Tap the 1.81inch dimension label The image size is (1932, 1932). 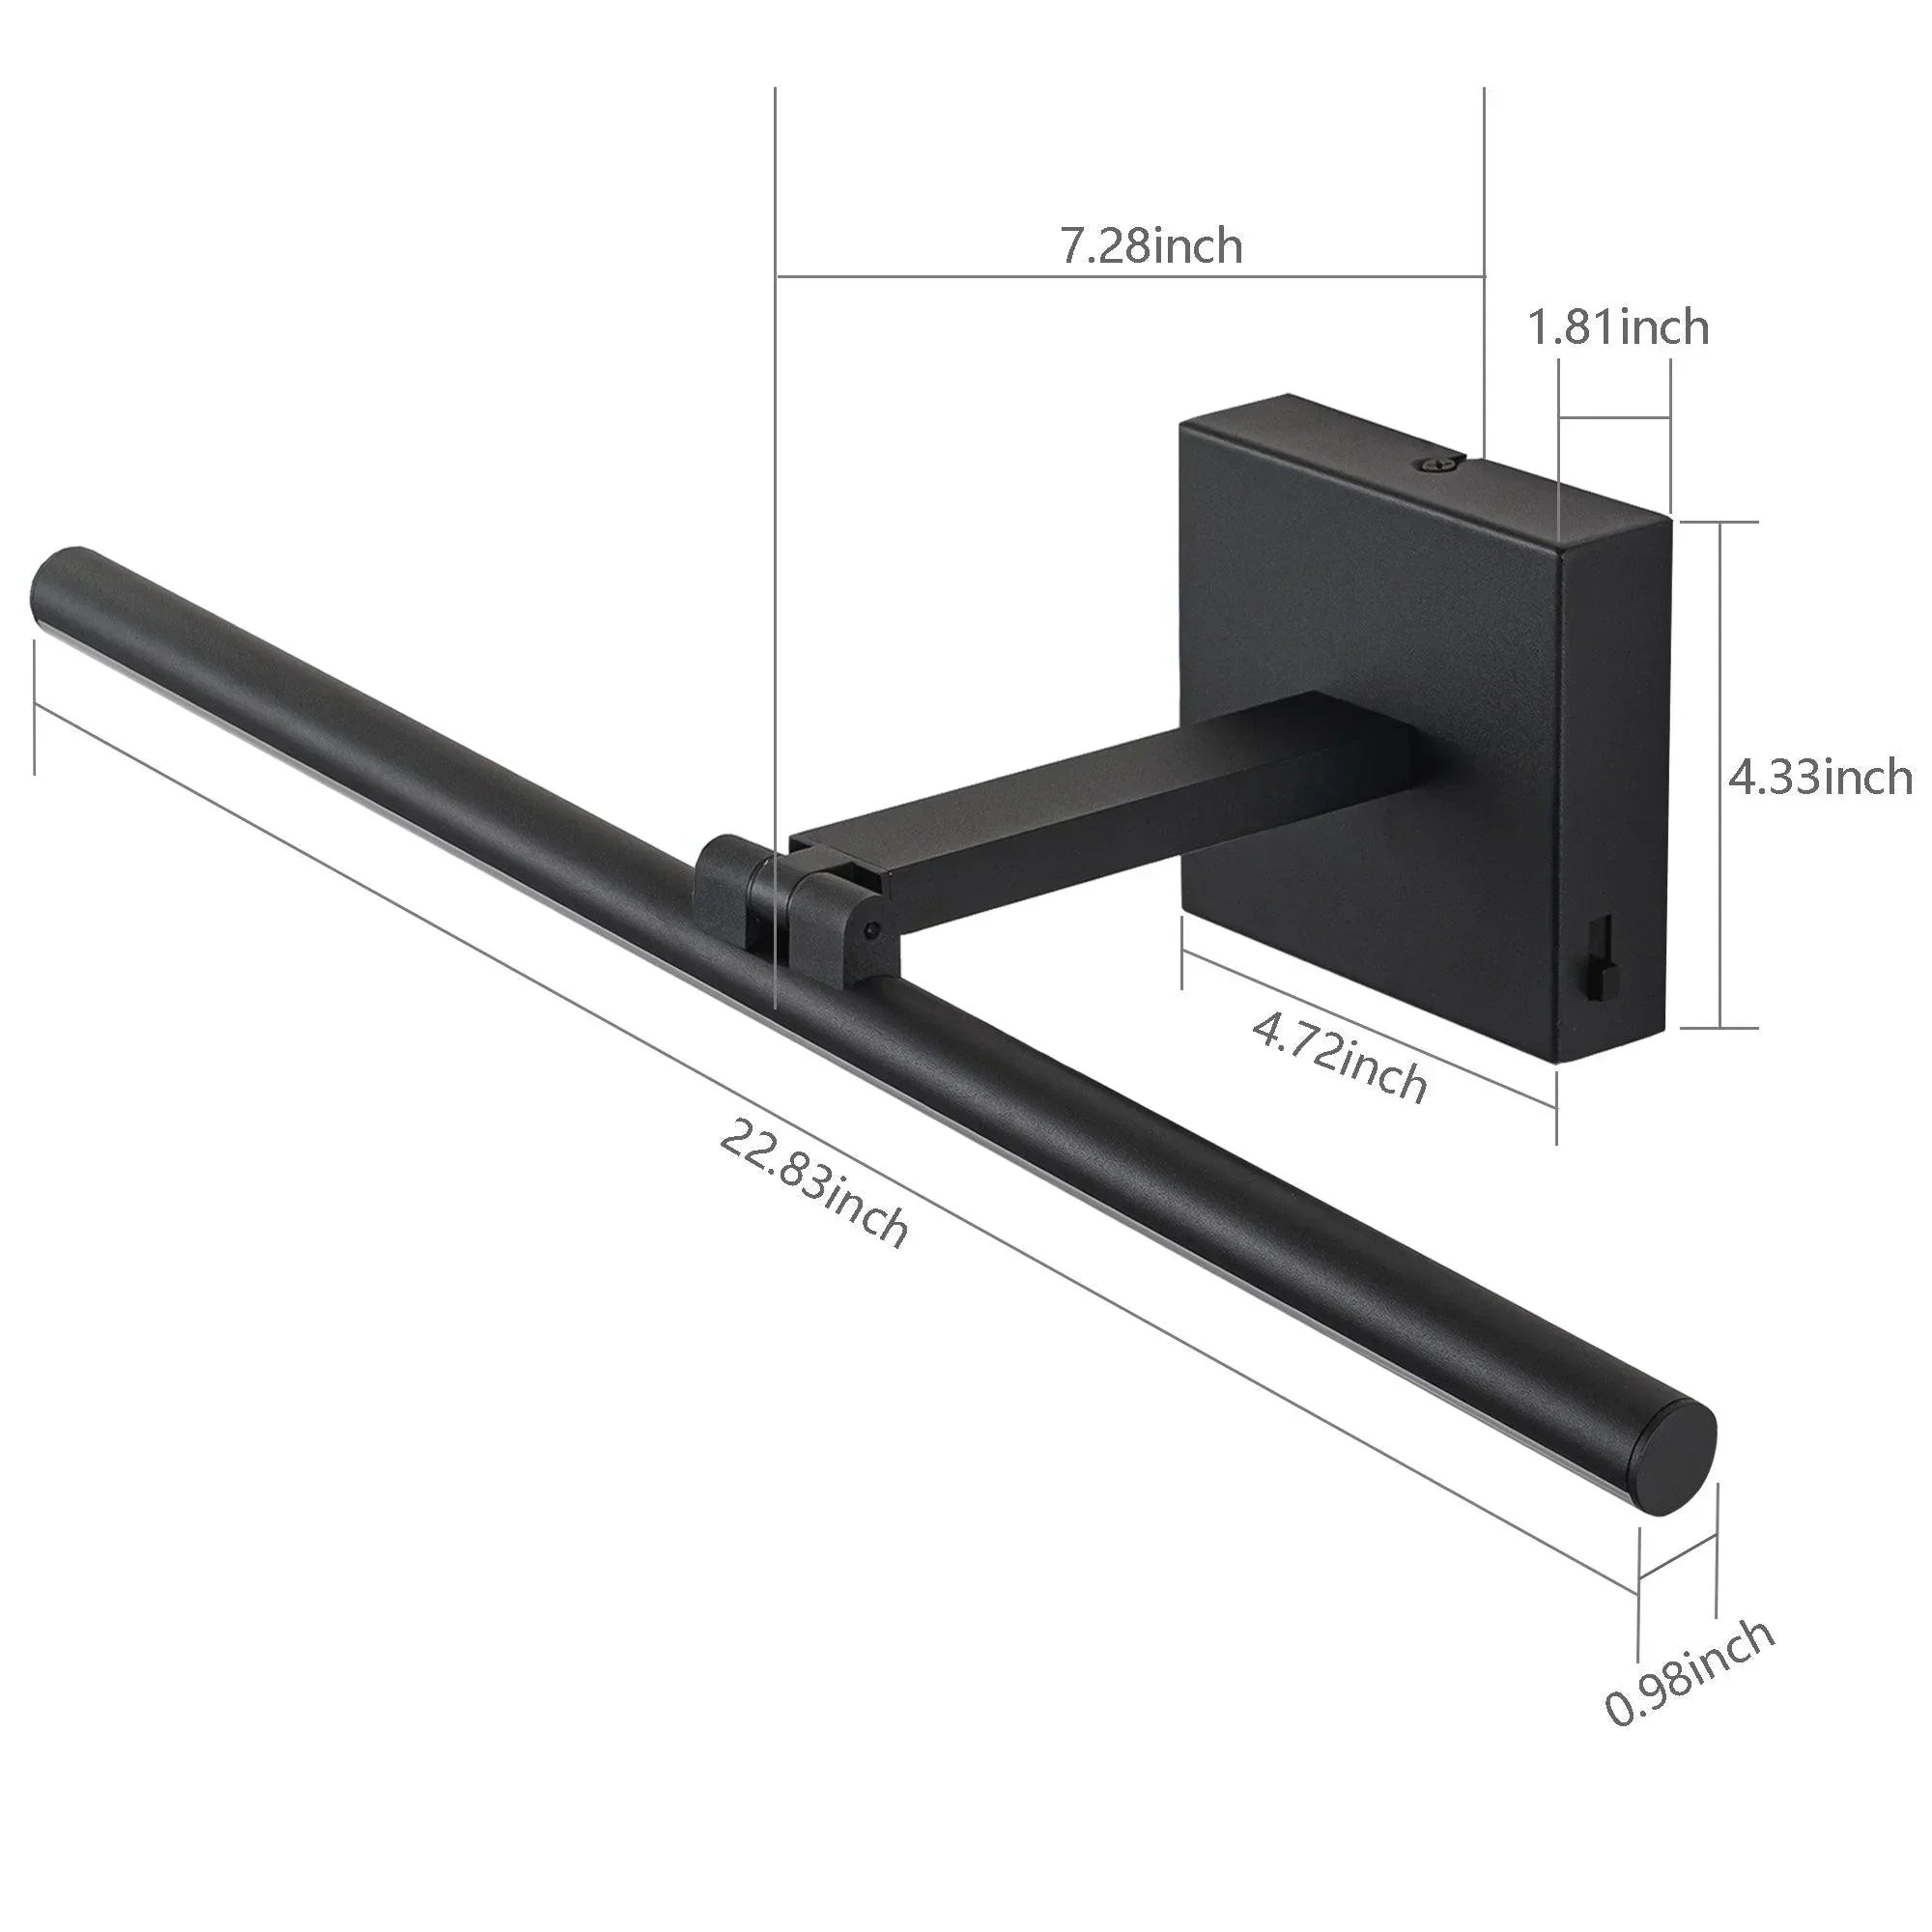coord(1618,327)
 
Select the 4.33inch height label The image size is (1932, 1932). coord(1820,777)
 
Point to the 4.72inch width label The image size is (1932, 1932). coord(1340,1055)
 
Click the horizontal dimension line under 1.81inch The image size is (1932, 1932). coord(1614,417)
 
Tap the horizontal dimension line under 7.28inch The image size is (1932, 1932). coord(1130,274)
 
